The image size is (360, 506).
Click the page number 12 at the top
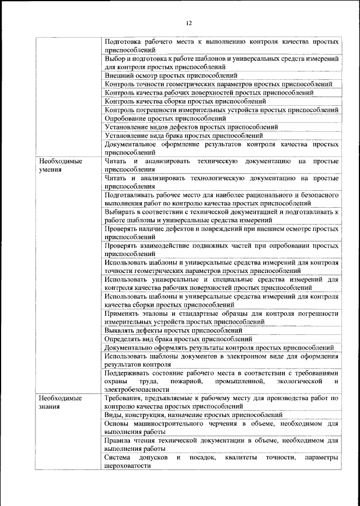pos(188,23)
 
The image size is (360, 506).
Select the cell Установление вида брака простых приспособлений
pos(184,136)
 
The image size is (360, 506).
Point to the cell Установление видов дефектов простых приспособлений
pos(191,127)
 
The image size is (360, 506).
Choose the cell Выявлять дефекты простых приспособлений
pos(173,330)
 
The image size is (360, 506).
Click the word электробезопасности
pos(137,389)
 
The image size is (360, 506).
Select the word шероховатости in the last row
pos(127,466)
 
